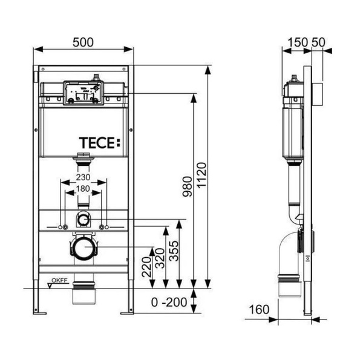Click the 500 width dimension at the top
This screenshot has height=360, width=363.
pos(83,42)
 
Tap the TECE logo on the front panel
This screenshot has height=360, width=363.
pos(100,143)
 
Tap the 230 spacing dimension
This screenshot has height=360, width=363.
pos(84,177)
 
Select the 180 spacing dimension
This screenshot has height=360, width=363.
pos(84,189)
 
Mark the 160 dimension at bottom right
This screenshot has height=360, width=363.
pos(258,310)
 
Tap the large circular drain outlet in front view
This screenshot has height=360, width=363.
pos(84,247)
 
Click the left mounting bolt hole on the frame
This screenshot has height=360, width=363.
pos(62,227)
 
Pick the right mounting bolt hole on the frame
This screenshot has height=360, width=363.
pos(106,227)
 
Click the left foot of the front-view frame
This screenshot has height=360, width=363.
pos(40,312)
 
